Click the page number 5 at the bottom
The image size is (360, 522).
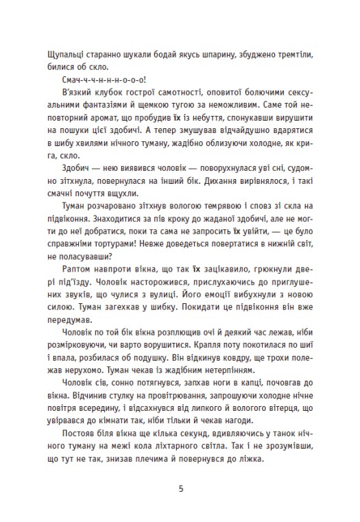[180, 490]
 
